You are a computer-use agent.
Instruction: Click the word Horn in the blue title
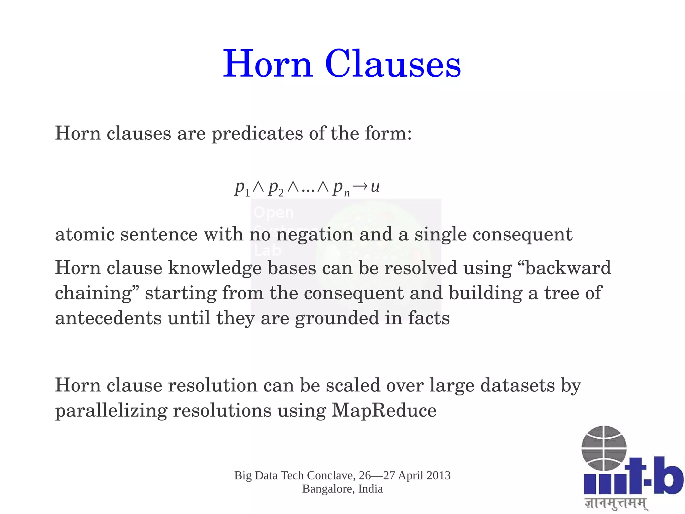[268, 64]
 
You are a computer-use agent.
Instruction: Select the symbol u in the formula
[375, 186]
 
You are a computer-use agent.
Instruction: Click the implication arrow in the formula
[360, 186]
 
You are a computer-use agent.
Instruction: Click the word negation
[314, 234]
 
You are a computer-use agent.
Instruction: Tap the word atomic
[85, 234]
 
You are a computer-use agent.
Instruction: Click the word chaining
[93, 293]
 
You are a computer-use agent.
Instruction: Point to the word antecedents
[108, 318]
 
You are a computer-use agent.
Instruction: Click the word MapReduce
[384, 410]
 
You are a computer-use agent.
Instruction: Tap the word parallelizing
[111, 411]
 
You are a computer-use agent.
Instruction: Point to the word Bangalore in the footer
[328, 489]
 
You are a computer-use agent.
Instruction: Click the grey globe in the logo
[604, 448]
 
